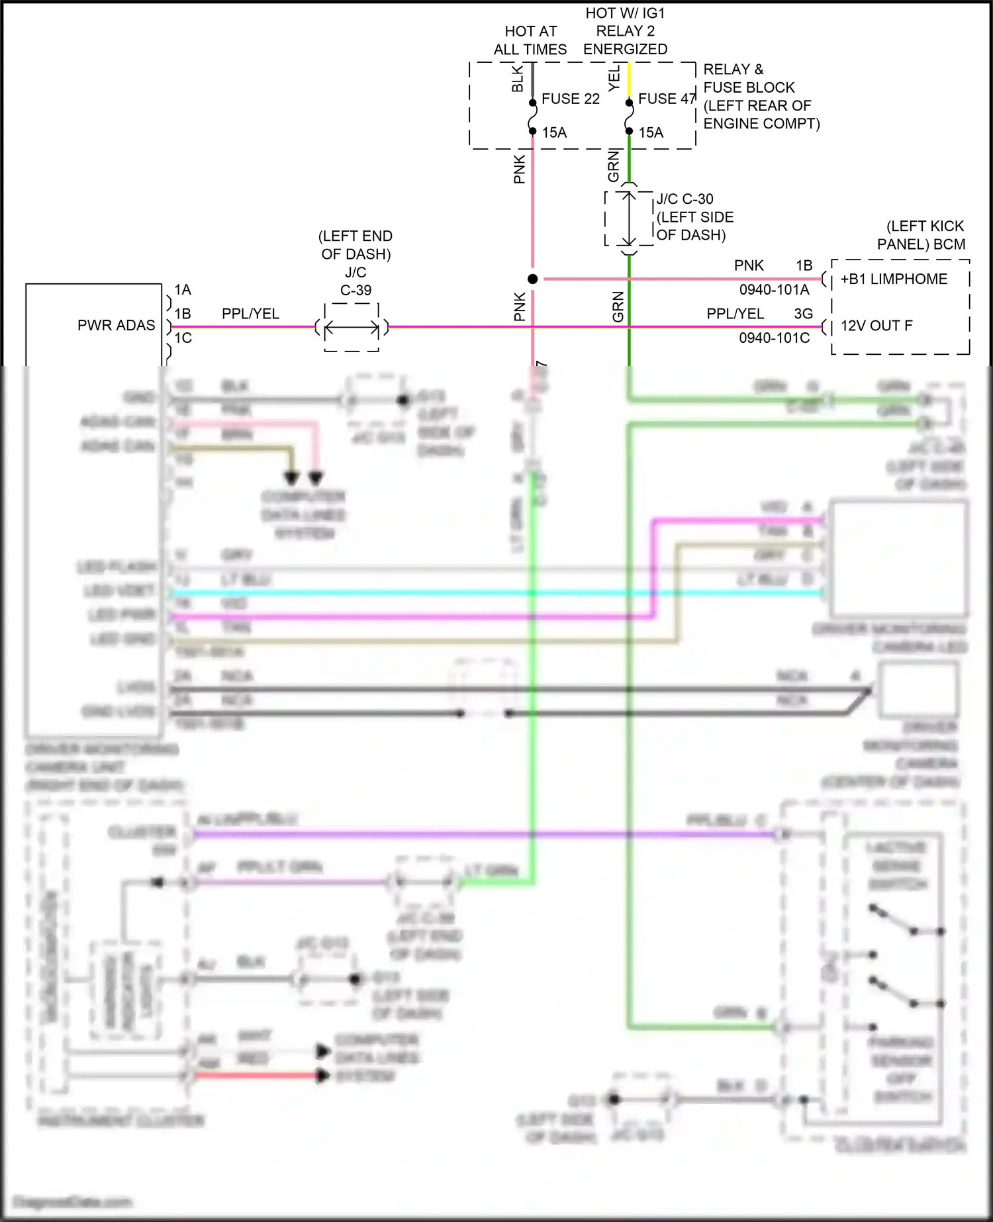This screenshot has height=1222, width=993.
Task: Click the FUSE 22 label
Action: click(570, 99)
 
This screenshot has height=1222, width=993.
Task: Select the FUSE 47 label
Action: click(666, 99)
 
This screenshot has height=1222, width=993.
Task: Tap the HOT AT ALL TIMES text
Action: click(530, 40)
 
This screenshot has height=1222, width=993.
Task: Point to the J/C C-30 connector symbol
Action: click(629, 218)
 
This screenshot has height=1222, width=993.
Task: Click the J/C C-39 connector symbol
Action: click(352, 327)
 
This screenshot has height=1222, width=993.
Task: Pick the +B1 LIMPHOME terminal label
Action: click(894, 279)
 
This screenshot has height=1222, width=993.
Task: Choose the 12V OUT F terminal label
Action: click(876, 326)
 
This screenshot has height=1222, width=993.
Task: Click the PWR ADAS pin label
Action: click(116, 326)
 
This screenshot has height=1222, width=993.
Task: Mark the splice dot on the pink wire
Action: click(533, 279)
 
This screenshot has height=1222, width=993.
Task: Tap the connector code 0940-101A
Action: click(774, 290)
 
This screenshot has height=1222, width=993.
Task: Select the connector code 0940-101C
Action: click(774, 338)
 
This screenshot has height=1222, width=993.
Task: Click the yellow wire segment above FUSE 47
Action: click(629, 81)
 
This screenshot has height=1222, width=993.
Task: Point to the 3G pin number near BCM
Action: click(804, 314)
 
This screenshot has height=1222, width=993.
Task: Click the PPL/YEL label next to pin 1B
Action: click(250, 314)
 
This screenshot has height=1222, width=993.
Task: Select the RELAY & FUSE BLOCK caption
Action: click(761, 97)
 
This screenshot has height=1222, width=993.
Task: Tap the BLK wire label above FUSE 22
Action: click(518, 78)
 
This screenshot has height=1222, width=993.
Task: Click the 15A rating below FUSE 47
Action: click(651, 133)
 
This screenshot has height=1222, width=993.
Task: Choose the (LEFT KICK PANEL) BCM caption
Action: click(922, 235)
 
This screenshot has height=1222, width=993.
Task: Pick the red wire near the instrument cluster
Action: click(258, 1076)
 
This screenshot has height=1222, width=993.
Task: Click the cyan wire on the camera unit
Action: click(463, 592)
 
